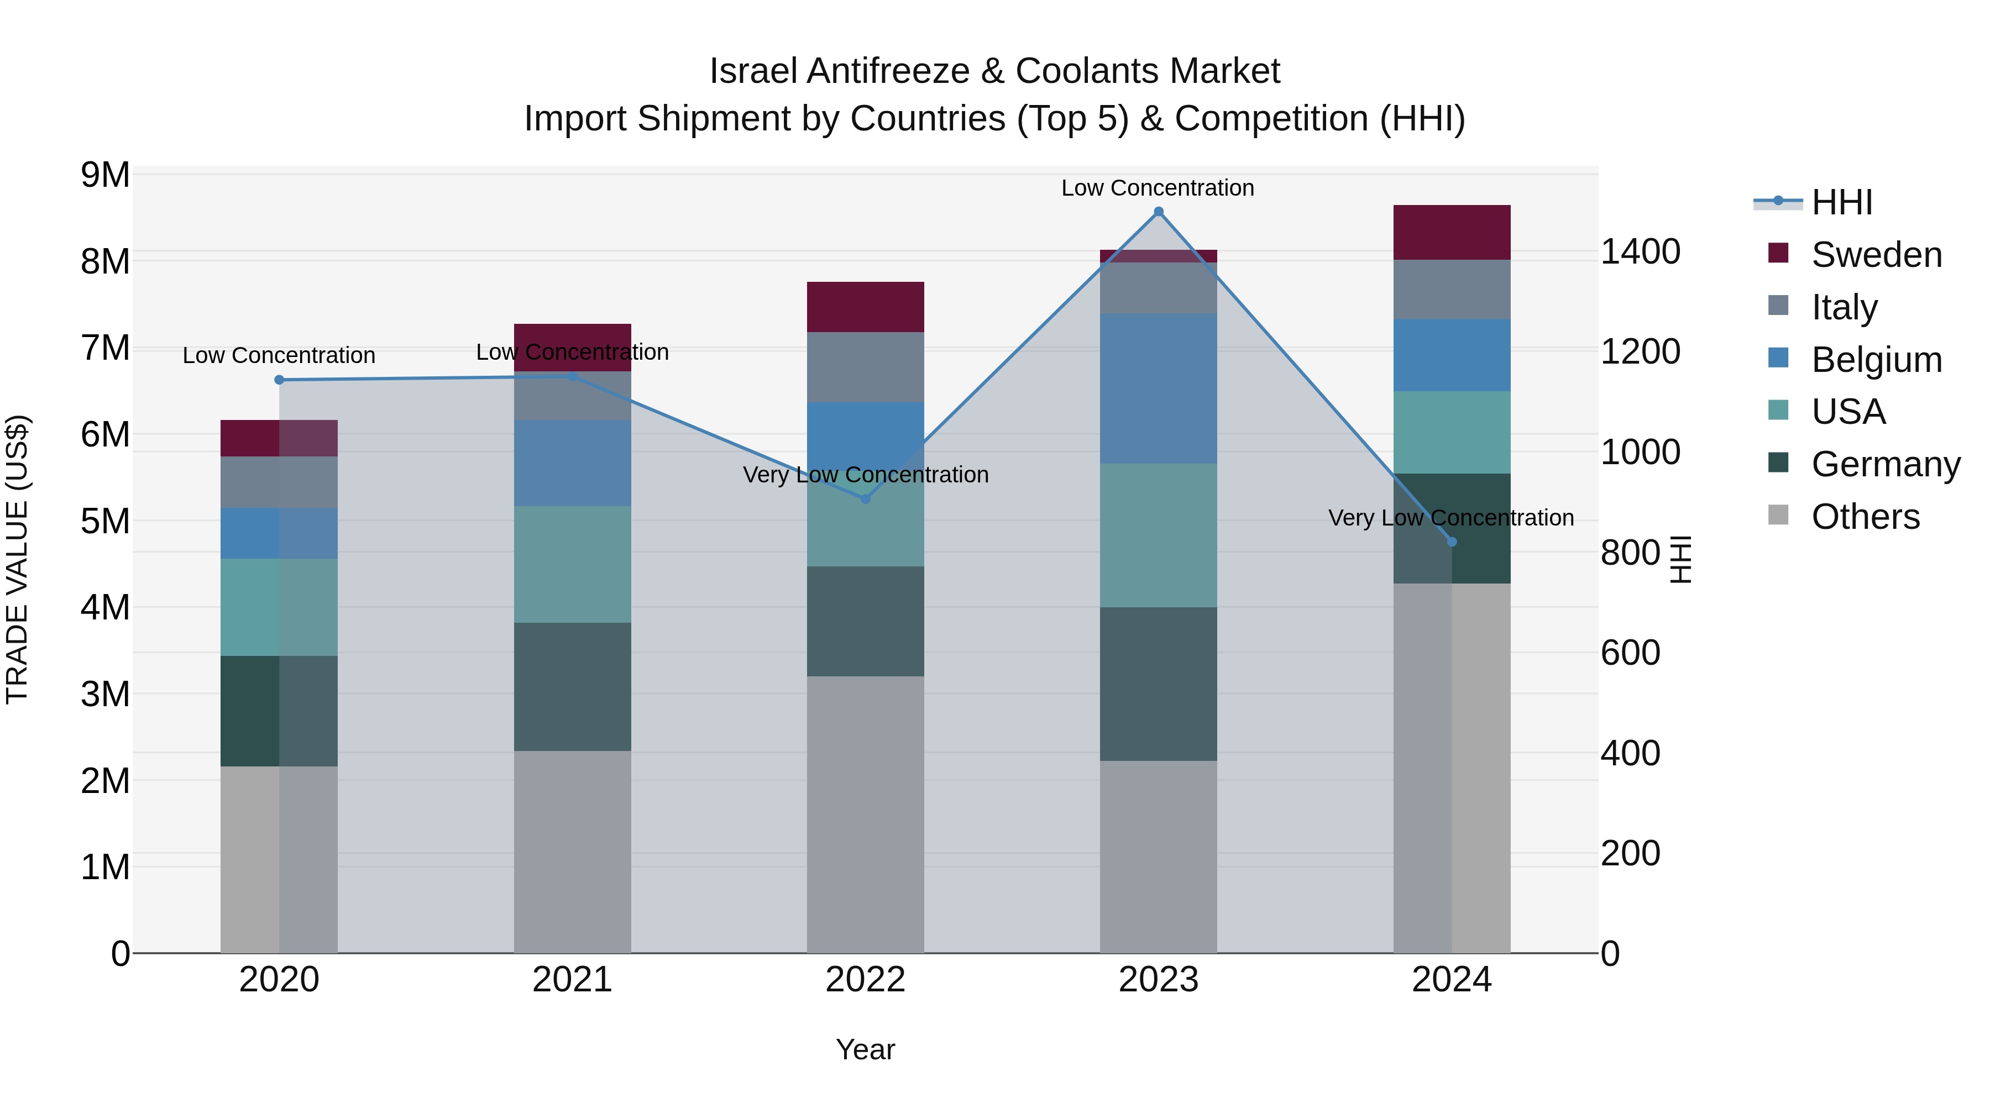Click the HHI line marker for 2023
coord(1158,212)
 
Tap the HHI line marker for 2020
coord(280,380)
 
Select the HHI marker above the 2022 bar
coord(865,499)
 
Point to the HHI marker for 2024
coord(1452,542)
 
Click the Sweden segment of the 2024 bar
coord(1452,233)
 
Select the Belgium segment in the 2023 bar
coord(1158,388)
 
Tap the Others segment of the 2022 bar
coord(865,815)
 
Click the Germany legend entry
coord(1885,464)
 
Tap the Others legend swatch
coord(1778,515)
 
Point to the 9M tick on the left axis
coord(105,175)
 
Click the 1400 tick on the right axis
coord(1640,252)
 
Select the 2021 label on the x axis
coord(573,979)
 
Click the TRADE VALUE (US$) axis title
coord(17,559)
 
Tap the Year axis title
coord(865,1049)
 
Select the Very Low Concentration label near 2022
coord(865,474)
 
